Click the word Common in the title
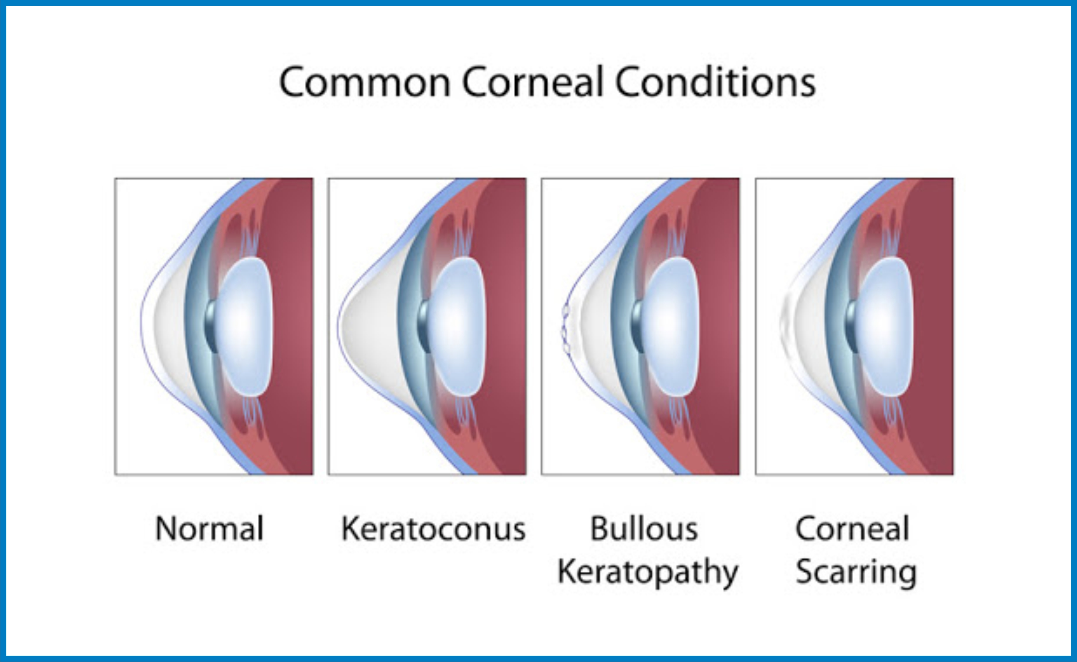point(365,82)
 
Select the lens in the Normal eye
point(244,327)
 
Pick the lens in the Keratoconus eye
point(457,327)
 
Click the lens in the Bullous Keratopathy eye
point(671,327)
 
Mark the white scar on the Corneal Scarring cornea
point(788,326)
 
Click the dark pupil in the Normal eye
point(211,327)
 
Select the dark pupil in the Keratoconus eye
point(424,327)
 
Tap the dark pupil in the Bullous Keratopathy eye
point(638,327)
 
